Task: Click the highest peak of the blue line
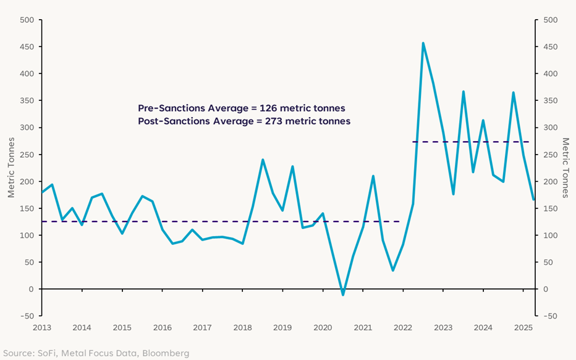click(x=423, y=43)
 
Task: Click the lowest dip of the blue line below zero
click(x=343, y=294)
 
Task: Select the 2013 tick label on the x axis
click(x=43, y=327)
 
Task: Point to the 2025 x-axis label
click(x=523, y=327)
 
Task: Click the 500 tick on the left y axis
click(x=27, y=20)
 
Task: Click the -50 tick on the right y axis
click(x=549, y=316)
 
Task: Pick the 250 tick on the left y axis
click(x=27, y=155)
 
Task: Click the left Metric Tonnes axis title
click(x=11, y=168)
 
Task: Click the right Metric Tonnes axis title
click(x=565, y=168)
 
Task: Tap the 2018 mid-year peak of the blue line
click(x=263, y=160)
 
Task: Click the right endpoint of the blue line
click(x=533, y=199)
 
